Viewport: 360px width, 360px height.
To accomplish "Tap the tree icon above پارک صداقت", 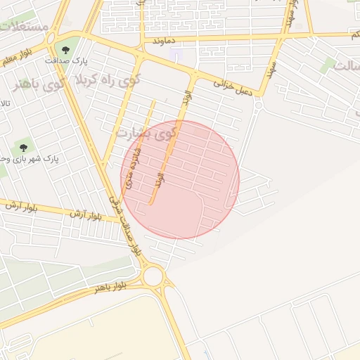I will click(x=65, y=50).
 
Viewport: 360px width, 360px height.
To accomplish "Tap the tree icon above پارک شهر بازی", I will click(x=24, y=148).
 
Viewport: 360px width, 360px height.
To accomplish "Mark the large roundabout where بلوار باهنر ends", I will click(x=153, y=275).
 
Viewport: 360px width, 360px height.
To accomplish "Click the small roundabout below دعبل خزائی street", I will click(x=258, y=105).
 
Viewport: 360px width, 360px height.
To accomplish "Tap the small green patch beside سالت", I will click(x=328, y=65).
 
